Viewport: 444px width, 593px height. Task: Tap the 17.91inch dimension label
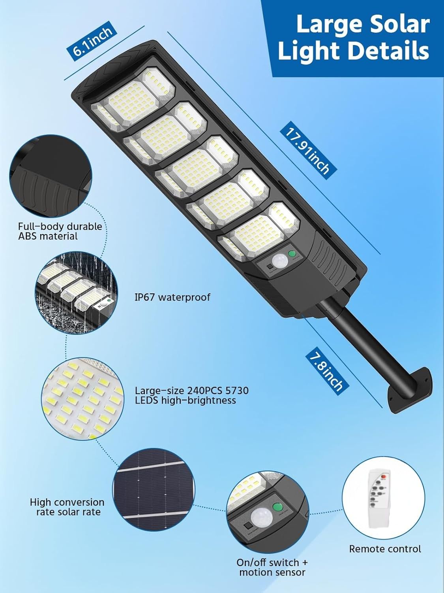point(308,152)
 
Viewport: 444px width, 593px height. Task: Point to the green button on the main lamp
point(292,254)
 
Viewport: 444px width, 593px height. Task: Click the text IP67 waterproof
point(172,297)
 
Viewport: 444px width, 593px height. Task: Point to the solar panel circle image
point(154,491)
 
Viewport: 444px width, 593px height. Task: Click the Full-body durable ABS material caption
point(60,231)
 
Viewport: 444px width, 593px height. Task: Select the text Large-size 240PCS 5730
point(192,391)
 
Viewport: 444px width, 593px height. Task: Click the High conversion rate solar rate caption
point(67,507)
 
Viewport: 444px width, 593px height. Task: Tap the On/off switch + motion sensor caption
point(272,567)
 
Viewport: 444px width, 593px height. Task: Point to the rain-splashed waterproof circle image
point(76,293)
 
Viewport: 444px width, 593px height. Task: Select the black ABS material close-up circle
point(51,176)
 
